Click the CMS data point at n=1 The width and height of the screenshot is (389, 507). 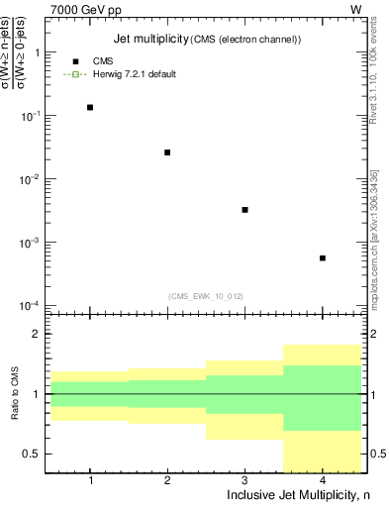(x=90, y=107)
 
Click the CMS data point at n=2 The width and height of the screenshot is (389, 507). (x=167, y=152)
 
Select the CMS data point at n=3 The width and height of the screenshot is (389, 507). (x=244, y=210)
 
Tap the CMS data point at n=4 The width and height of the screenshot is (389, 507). (x=323, y=258)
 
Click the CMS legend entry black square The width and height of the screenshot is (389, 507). (x=75, y=61)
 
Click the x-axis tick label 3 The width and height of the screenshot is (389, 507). (x=244, y=480)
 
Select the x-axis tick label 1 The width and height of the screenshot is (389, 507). (x=90, y=480)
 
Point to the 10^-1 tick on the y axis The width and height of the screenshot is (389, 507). (x=38, y=116)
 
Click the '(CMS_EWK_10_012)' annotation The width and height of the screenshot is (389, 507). (x=206, y=295)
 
